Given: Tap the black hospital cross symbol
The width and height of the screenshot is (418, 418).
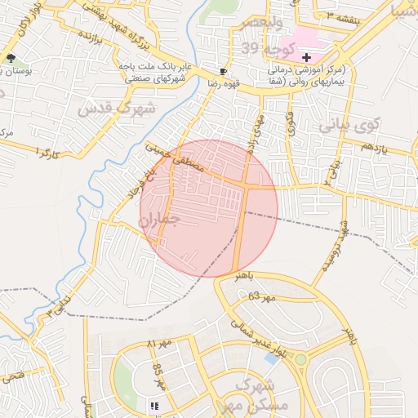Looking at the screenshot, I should (306, 57).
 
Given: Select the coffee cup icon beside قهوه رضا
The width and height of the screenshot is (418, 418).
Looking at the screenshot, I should (224, 72).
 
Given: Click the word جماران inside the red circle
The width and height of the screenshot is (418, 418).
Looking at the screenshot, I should (158, 220).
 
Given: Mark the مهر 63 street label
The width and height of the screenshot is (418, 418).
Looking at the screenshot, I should (263, 297).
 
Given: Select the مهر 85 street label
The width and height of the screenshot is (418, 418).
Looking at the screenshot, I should (158, 375).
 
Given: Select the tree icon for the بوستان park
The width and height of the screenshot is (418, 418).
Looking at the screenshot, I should (11, 58).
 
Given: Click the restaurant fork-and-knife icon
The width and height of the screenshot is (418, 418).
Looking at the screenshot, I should (153, 405).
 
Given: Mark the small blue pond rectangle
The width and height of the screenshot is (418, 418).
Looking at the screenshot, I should (271, 358).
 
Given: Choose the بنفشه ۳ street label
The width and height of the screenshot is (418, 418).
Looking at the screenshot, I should (340, 16).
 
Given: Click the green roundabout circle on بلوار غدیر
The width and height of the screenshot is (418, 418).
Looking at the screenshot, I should (301, 359).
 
